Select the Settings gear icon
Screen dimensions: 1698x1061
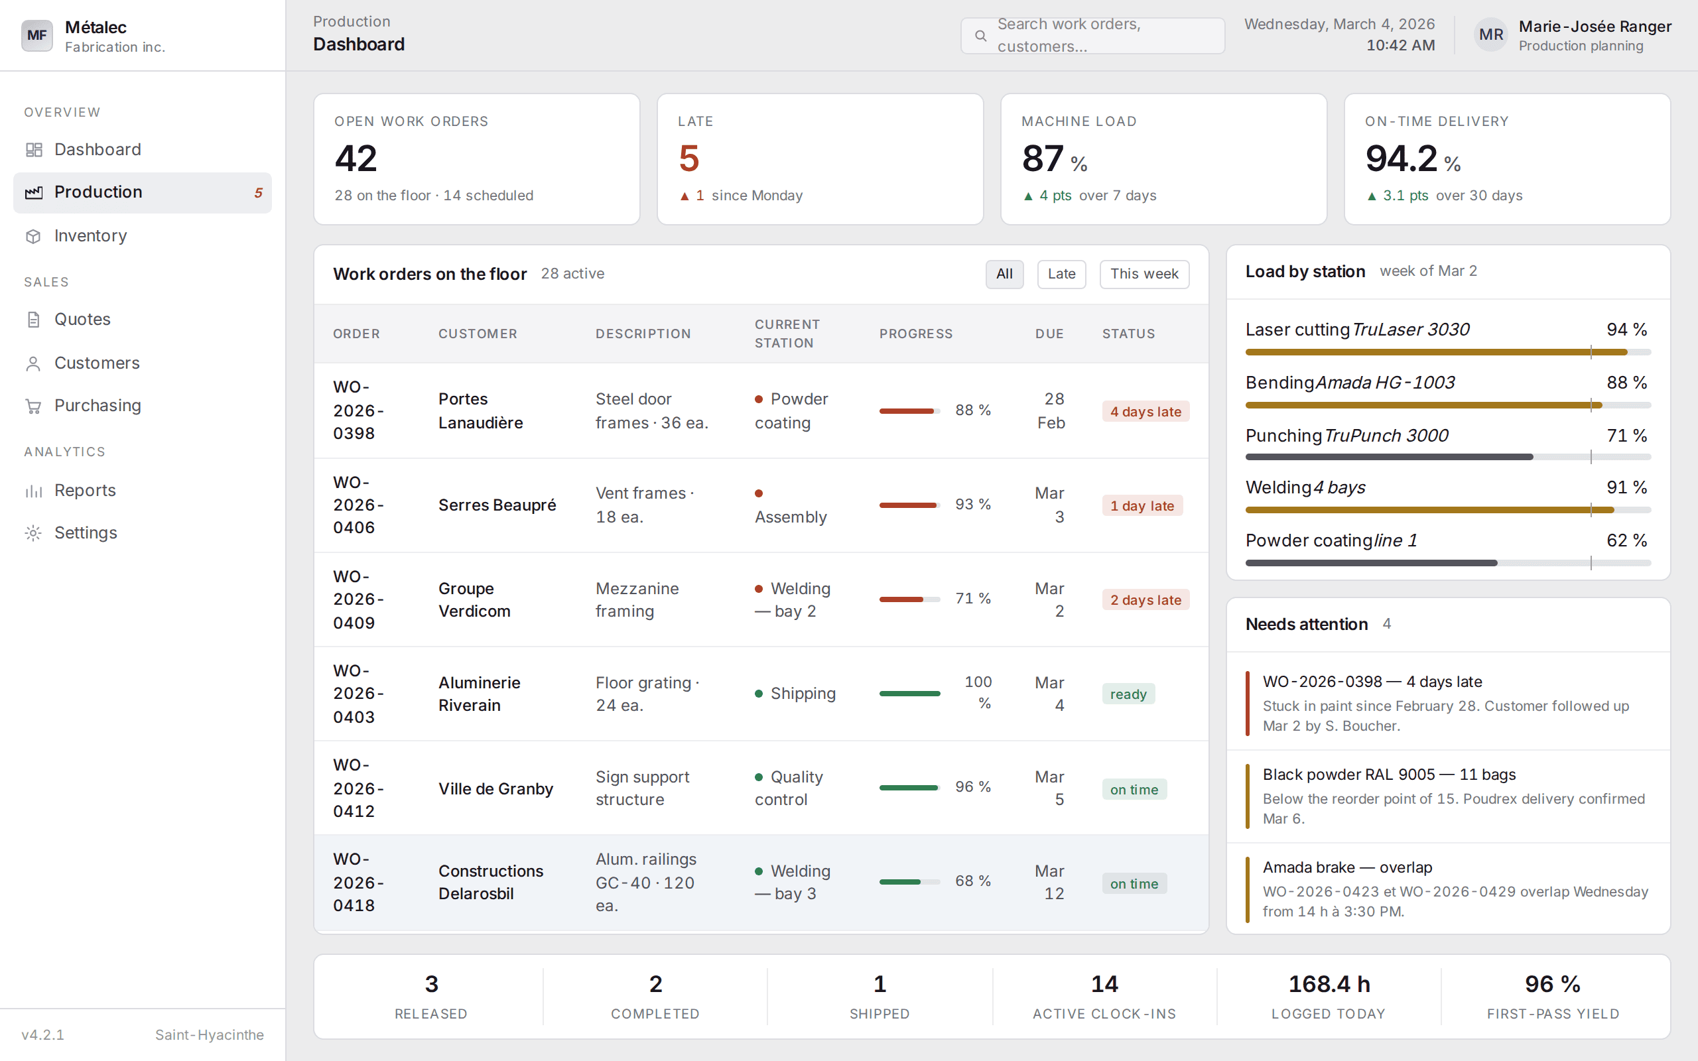[x=33, y=533]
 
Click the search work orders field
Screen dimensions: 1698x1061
[x=1092, y=35]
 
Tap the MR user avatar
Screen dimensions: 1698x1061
[x=1491, y=35]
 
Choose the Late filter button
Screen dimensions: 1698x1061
[x=1061, y=274]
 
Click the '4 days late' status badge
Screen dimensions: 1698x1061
[x=1145, y=412]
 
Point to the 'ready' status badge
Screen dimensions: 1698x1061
[x=1128, y=694]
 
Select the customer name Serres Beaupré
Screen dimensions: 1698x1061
[x=497, y=505]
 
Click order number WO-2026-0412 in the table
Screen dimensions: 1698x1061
[x=359, y=788]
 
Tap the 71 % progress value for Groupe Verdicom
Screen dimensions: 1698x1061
[x=972, y=599]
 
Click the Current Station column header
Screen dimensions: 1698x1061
[x=787, y=334]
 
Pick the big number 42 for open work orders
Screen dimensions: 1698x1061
[x=356, y=158]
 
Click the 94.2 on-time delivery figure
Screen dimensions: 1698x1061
[x=1402, y=158]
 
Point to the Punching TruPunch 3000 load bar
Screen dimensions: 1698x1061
[x=1447, y=458]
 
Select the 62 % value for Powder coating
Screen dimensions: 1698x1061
[x=1626, y=540]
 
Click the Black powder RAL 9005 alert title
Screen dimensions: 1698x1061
[x=1388, y=775]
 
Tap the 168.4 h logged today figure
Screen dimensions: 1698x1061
[x=1329, y=985]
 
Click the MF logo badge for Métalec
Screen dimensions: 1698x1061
[x=36, y=35]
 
